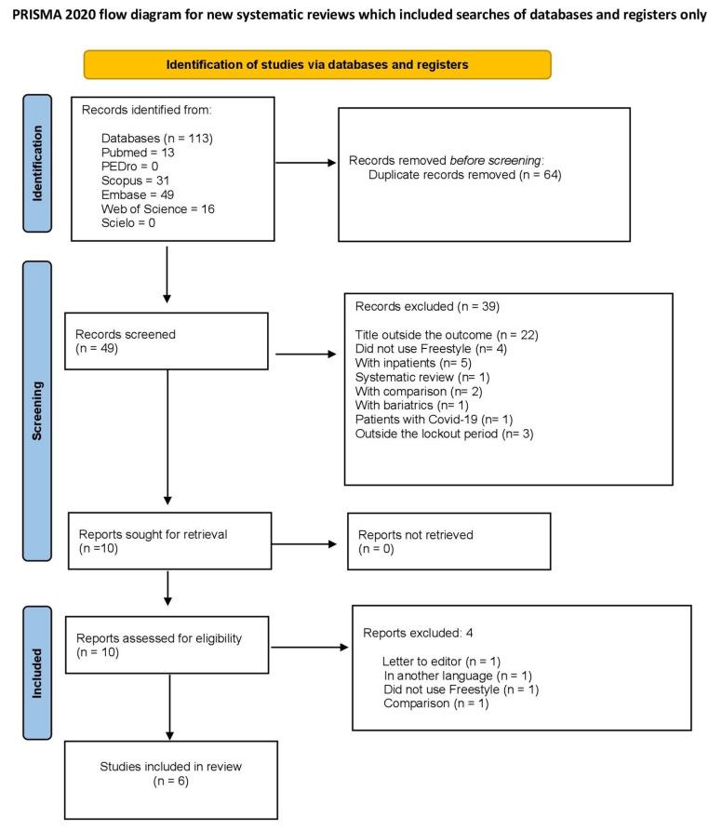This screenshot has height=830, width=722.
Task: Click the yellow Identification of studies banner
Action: click(317, 64)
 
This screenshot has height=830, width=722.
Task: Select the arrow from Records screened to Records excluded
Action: click(308, 355)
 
